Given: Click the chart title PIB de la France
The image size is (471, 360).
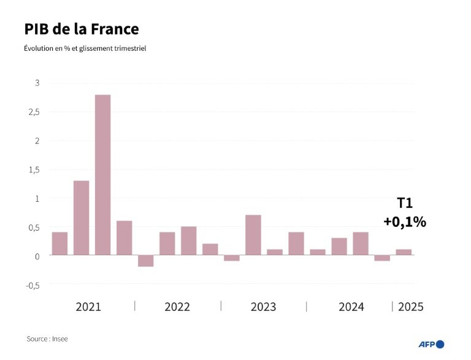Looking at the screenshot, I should point(82,29).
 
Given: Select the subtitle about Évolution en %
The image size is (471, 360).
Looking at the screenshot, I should point(85,48).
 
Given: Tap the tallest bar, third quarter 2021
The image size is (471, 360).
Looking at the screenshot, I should point(103,175).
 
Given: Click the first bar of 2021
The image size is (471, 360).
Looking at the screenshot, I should point(60,243).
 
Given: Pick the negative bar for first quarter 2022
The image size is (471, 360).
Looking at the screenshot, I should point(146,261).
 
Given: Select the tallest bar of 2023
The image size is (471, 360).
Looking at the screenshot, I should point(253,235).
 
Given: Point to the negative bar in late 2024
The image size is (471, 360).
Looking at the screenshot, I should point(382,258).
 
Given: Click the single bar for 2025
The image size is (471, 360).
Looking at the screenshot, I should point(404,252).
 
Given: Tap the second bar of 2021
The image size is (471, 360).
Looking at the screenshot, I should point(82,218).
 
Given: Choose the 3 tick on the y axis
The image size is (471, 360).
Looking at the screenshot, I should point(37,83).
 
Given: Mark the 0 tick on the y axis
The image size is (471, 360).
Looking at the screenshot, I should point(37,256).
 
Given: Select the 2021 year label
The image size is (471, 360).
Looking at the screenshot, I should point(88,307).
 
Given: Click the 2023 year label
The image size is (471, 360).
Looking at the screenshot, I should point(263,307).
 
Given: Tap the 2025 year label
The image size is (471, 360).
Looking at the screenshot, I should point(410,307).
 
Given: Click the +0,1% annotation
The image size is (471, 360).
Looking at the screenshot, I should point(405,222).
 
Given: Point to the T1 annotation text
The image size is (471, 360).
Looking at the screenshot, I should point(405,204).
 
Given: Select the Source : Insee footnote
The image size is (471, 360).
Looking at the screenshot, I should point(47,339).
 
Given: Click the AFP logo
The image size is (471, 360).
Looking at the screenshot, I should point(431,344).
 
